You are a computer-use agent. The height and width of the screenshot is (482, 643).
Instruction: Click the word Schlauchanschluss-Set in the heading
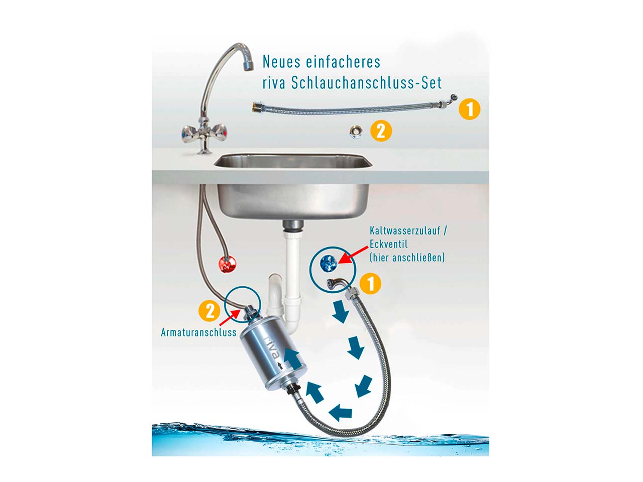coord(366,83)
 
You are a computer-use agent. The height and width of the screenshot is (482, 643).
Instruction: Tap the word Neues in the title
coord(277,61)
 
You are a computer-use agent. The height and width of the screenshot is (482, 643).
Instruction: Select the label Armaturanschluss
coord(198,332)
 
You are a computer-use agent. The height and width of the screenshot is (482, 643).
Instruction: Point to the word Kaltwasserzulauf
coord(405,230)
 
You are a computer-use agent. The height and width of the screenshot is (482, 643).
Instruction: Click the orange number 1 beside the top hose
coord(469,109)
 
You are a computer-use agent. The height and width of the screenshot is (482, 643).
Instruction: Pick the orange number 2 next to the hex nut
coord(381,131)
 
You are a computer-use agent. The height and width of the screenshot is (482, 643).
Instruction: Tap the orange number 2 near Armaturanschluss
coord(209,311)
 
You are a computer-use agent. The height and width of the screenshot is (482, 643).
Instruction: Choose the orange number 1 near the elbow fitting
coord(370,284)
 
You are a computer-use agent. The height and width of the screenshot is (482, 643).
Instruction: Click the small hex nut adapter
coord(355,132)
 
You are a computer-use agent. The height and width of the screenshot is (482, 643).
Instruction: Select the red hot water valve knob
coord(228,264)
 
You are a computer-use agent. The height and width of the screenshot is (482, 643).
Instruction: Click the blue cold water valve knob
coord(328,263)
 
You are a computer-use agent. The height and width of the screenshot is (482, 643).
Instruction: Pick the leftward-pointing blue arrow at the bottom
coord(340,412)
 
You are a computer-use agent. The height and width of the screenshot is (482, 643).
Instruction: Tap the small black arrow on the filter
coord(280,365)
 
